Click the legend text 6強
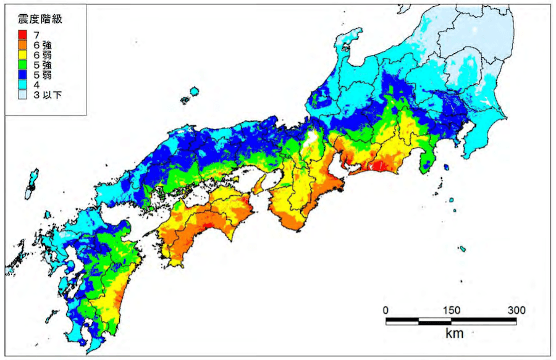tap(42, 44)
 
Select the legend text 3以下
tap(47, 95)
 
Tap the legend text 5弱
tap(42, 75)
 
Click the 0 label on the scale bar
tap(385, 310)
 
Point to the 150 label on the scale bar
tap(451, 310)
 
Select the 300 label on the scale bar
tap(516, 310)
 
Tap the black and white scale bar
tap(451, 320)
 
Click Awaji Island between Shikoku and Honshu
tap(260, 183)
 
